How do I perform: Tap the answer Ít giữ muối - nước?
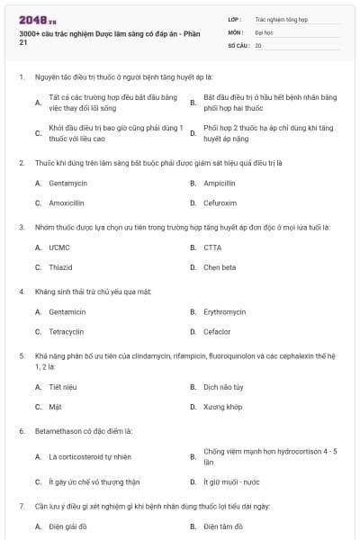coord(233,481)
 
